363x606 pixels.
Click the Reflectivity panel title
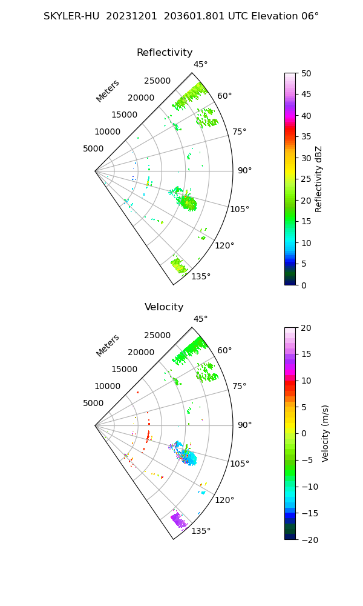[x=165, y=53]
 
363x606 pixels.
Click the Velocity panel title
[x=164, y=307]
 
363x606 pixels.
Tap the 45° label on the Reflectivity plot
[x=201, y=64]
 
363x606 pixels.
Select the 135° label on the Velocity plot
[x=201, y=531]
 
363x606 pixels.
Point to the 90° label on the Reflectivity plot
[x=244, y=170]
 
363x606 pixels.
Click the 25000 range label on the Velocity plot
[x=157, y=336]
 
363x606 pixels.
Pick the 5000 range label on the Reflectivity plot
[x=93, y=149]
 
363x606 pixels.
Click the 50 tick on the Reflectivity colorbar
[x=306, y=73]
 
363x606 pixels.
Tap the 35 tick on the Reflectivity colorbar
[x=306, y=137]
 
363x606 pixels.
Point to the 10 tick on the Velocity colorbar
[x=306, y=381]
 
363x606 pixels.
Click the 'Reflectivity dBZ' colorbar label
[x=318, y=179]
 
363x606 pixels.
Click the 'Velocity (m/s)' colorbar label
[x=325, y=434]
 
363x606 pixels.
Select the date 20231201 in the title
[x=131, y=16]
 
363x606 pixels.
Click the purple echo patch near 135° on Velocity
[x=179, y=519]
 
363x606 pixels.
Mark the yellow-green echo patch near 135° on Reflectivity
[x=179, y=264]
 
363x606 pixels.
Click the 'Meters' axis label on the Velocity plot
[x=108, y=346]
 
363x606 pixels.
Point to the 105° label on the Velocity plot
[x=240, y=464]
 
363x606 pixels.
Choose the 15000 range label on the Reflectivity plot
[x=124, y=115]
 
